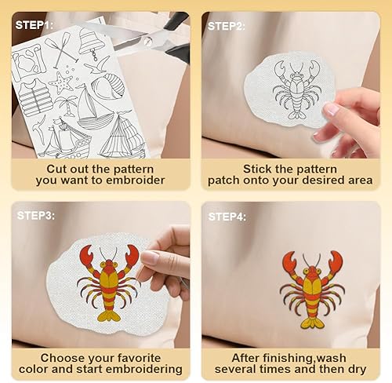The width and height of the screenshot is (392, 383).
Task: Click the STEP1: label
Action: click(34, 25)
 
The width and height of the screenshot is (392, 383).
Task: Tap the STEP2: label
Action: click(227, 27)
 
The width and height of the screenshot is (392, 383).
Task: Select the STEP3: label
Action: click(36, 216)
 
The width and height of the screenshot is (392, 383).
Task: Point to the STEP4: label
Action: click(227, 217)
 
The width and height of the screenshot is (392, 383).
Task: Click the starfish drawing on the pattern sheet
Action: click(61, 82)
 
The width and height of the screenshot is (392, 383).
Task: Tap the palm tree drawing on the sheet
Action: click(67, 105)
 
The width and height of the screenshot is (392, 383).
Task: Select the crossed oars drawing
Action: click(62, 49)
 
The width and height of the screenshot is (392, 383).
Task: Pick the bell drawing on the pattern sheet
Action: click(92, 43)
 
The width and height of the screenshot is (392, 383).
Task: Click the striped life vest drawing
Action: click(35, 97)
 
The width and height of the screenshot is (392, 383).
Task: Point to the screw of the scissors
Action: click(148, 41)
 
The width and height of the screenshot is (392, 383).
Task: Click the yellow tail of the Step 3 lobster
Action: click(109, 316)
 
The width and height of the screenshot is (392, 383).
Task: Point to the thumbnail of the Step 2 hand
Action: click(331, 108)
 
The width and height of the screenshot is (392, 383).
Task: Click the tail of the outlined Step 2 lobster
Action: click(296, 115)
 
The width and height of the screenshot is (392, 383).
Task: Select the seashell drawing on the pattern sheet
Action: click(108, 86)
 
